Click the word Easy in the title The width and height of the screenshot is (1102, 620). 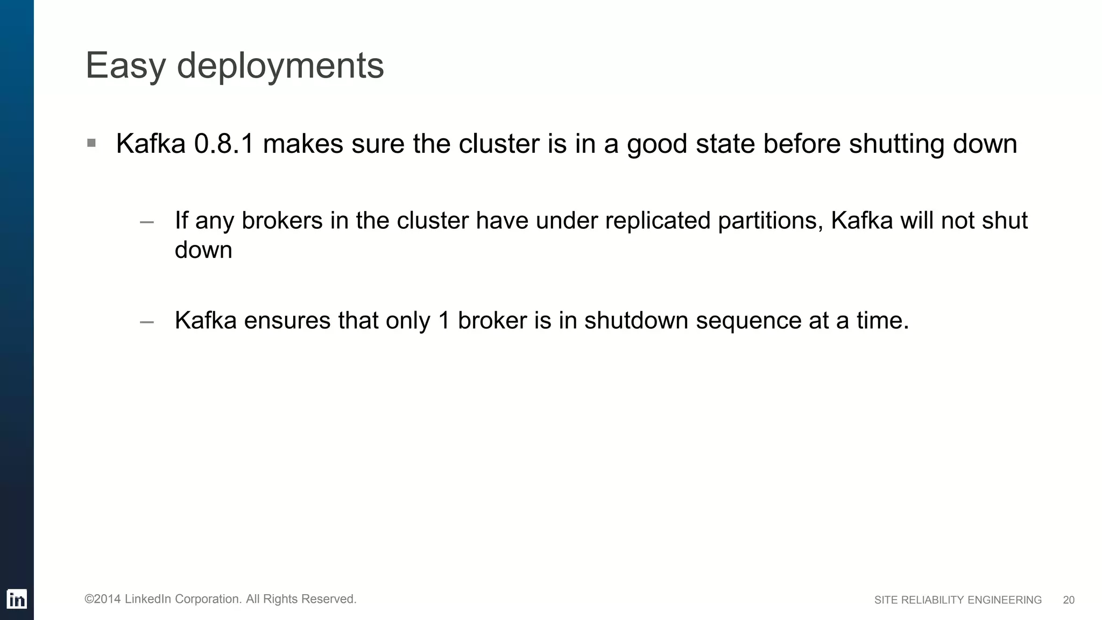[x=125, y=66]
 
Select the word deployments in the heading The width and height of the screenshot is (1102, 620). [x=280, y=66]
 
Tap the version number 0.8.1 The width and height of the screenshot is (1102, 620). [x=224, y=144]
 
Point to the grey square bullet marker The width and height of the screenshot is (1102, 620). [x=91, y=143]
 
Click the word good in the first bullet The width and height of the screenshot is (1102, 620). [x=657, y=144]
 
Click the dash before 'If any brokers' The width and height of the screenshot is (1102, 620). [x=146, y=222]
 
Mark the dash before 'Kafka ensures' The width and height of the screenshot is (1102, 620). [x=146, y=322]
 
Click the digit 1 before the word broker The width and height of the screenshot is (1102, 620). [x=444, y=321]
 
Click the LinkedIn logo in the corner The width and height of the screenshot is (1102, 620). [x=17, y=599]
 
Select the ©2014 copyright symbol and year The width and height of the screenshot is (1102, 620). [x=103, y=599]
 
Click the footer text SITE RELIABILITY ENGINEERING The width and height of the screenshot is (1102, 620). [x=958, y=600]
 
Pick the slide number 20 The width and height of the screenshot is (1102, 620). [x=1069, y=600]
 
